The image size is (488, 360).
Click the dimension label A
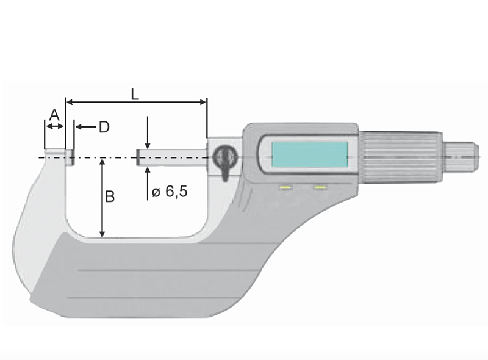(54, 114)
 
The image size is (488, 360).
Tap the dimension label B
(110, 196)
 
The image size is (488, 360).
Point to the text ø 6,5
(169, 192)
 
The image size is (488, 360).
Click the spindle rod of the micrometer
(174, 157)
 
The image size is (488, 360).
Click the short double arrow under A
(54, 126)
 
